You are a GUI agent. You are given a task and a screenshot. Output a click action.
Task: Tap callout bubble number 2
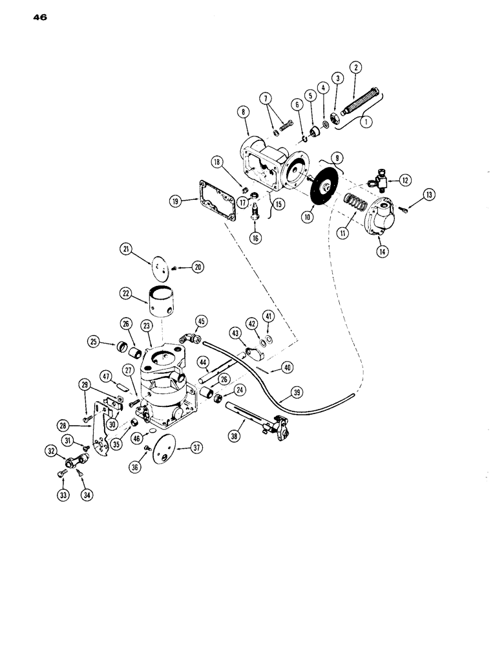click(355, 67)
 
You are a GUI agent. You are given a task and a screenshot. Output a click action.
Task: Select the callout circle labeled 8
click(244, 112)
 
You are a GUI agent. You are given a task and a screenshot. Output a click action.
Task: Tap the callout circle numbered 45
click(201, 320)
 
